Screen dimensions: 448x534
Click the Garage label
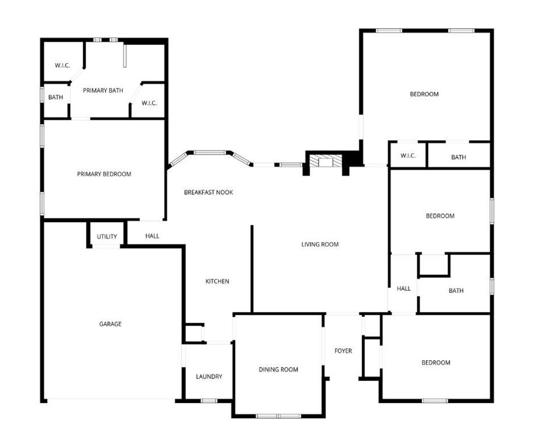click(x=110, y=324)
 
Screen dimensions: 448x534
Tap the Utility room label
click(x=107, y=237)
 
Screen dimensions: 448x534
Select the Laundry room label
click(x=209, y=377)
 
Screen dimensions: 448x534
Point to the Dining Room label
click(x=278, y=369)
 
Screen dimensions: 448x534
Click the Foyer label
click(x=343, y=351)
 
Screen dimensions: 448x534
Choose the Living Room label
click(x=319, y=244)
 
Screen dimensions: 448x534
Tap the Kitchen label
click(x=217, y=281)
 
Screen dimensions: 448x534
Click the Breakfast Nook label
click(x=208, y=192)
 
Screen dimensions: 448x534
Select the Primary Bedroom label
click(x=104, y=174)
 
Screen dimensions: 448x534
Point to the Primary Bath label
click(x=103, y=90)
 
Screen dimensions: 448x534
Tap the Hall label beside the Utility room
click(x=152, y=236)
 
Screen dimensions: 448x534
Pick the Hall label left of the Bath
click(x=403, y=288)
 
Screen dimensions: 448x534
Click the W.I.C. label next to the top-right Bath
click(x=407, y=156)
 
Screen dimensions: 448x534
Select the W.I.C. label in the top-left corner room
click(x=62, y=65)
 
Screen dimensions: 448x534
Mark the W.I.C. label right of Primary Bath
click(x=149, y=103)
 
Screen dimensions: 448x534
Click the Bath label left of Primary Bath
click(x=55, y=97)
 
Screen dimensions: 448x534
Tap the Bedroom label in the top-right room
click(x=424, y=94)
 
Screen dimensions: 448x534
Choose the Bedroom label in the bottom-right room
click(x=435, y=363)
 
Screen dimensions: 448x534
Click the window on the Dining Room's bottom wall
click(x=278, y=416)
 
